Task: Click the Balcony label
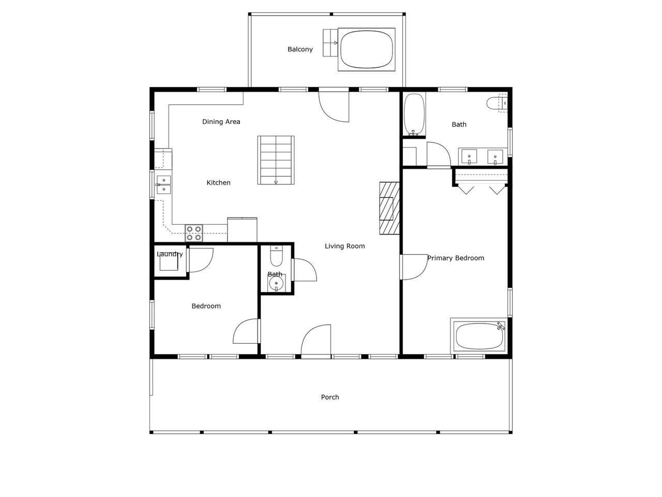point(300,49)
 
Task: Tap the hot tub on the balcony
point(367,50)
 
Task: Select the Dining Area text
point(221,122)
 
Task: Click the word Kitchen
point(218,183)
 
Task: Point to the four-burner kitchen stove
point(193,233)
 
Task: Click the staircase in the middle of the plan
point(276,160)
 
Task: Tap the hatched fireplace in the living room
point(389,208)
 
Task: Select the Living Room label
point(345,246)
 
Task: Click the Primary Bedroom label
point(456,258)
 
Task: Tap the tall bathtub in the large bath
point(414,114)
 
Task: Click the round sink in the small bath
point(276,284)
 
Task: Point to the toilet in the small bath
point(276,256)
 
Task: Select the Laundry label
point(170,254)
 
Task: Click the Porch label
point(330,397)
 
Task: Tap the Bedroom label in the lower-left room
point(206,306)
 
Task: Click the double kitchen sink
point(164,184)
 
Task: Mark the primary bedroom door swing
point(414,267)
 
